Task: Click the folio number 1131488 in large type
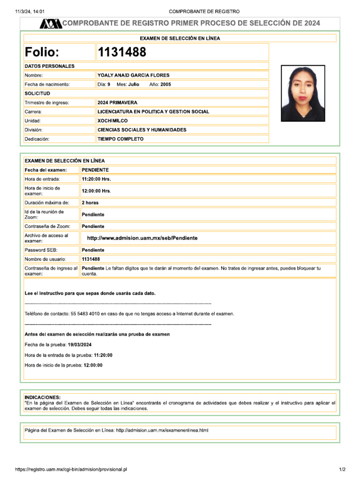(122, 52)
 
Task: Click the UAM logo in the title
(51, 23)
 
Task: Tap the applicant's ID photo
(302, 93)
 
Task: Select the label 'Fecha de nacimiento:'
(47, 84)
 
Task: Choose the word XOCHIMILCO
(112, 120)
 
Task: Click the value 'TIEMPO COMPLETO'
(120, 139)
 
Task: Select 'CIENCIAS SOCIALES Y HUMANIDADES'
(142, 130)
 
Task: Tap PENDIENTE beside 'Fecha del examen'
(95, 170)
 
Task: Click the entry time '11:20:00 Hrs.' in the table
(97, 179)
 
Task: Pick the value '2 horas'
(90, 202)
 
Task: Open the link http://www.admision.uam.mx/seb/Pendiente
(142, 238)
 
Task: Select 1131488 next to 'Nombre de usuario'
(91, 259)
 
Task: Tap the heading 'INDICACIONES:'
(42, 397)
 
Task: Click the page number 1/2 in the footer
(342, 469)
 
